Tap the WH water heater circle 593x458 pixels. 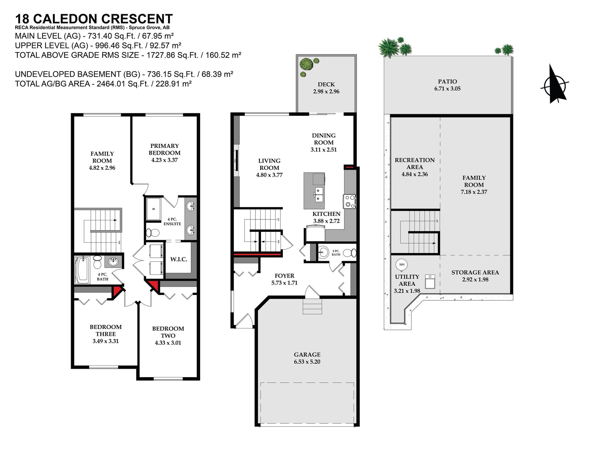coord(402,264)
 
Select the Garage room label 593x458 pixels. coord(307,355)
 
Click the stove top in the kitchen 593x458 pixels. coord(350,201)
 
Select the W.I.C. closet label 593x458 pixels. coord(179,259)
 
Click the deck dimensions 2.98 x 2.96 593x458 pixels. coord(326,91)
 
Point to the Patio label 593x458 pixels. coord(447,81)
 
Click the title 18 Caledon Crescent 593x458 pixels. coord(94,19)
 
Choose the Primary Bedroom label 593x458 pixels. coord(165,149)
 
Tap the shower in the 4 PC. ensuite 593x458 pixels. coord(153,209)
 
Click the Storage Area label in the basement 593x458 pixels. coord(475,273)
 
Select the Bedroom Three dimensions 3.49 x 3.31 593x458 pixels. coord(106,341)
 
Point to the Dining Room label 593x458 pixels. coord(324,139)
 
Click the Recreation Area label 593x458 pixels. coord(414,164)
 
